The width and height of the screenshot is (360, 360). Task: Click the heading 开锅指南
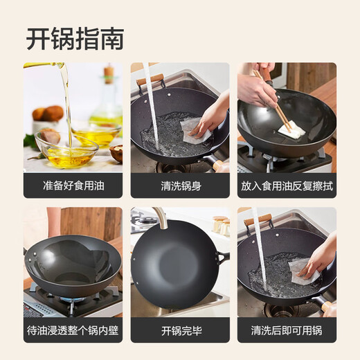[x=75, y=38]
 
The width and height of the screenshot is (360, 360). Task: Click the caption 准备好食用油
[x=73, y=186]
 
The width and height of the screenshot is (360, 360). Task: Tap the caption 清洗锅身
[x=179, y=186]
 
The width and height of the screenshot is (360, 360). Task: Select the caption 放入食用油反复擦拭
[x=287, y=186]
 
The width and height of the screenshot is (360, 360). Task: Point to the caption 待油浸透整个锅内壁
[x=73, y=330]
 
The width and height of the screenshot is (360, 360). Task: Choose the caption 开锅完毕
[x=179, y=330]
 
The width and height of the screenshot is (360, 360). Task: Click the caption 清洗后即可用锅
[x=287, y=330]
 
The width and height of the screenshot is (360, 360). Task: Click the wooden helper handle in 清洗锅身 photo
[x=150, y=79]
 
